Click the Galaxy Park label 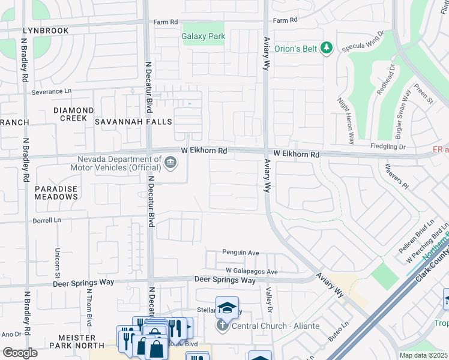click(x=203, y=36)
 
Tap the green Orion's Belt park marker click(x=327, y=47)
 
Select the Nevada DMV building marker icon click(x=170, y=163)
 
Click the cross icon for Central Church click(x=222, y=326)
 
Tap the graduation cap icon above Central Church click(x=228, y=308)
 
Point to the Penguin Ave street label click(x=240, y=253)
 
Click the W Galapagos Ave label click(x=252, y=272)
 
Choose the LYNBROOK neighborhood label click(x=45, y=30)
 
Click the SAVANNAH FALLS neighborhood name click(x=133, y=122)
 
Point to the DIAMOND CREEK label click(x=73, y=115)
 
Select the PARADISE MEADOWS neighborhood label click(x=56, y=193)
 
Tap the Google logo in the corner click(x=20, y=353)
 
